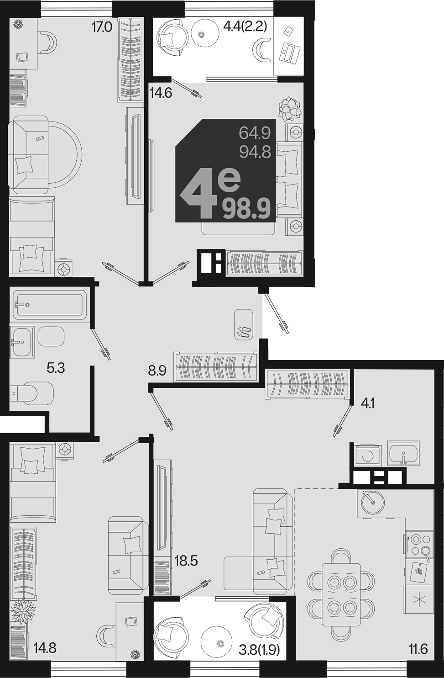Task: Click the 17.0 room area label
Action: tap(102, 27)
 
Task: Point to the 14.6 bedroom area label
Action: tap(161, 93)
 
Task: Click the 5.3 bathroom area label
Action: tap(56, 368)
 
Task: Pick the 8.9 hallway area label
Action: tap(157, 371)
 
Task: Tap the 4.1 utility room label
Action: tap(368, 403)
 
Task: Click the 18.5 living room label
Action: tap(186, 561)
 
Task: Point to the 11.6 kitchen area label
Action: tap(418, 649)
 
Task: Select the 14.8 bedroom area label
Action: tap(45, 649)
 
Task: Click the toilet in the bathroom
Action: tap(31, 393)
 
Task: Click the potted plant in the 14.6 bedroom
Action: tap(290, 109)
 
